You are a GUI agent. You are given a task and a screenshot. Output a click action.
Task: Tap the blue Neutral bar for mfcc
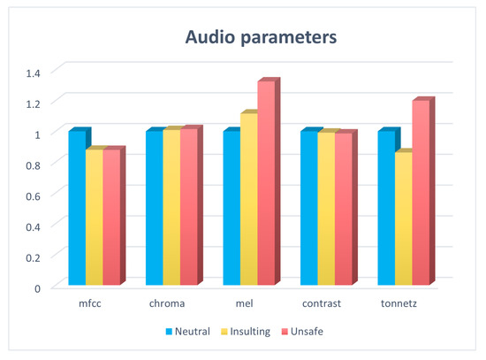coord(77,207)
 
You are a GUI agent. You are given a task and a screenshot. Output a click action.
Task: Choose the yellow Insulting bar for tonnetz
coord(402,218)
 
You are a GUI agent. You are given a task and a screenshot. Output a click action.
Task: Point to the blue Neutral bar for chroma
coord(154,207)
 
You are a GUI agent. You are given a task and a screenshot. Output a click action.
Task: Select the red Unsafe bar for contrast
coord(341,209)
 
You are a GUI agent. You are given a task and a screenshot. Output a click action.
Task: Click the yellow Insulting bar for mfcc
coord(94,217)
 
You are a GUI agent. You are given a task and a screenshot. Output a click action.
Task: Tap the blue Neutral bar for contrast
coord(308,207)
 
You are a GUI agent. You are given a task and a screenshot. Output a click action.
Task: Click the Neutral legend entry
coord(187,333)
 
